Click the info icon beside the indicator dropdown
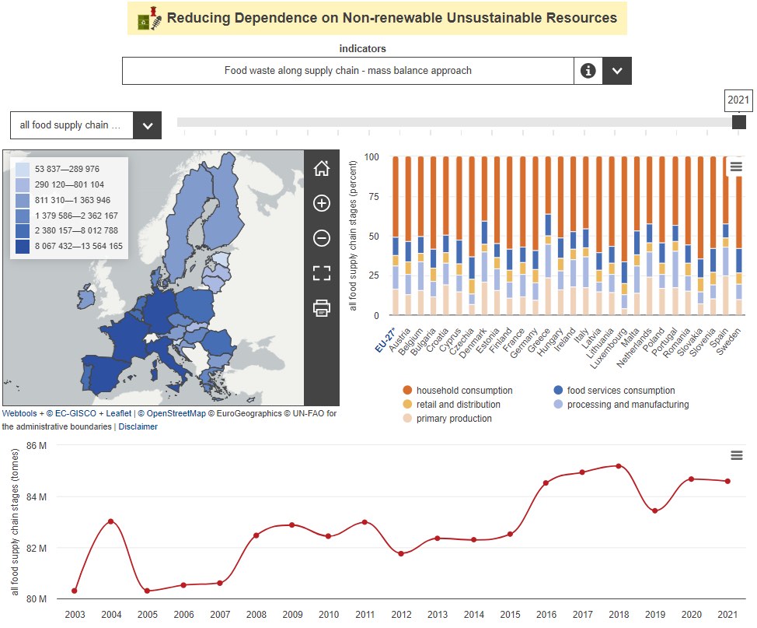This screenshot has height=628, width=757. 588,71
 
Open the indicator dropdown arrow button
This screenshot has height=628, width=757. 617,71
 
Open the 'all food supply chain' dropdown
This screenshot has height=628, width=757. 147,125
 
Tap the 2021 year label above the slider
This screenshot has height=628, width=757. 738,100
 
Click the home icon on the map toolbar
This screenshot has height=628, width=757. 322,168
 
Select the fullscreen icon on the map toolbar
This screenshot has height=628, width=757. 322,272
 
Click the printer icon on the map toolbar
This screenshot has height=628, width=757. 322,308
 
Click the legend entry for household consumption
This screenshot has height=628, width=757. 464,391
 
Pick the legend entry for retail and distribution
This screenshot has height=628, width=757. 458,405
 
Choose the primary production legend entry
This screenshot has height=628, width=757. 454,419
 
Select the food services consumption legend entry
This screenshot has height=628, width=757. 620,391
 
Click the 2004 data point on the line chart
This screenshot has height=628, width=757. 111,521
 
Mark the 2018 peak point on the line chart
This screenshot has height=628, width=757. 619,466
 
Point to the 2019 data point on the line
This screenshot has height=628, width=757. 655,510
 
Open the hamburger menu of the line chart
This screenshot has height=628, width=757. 737,455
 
